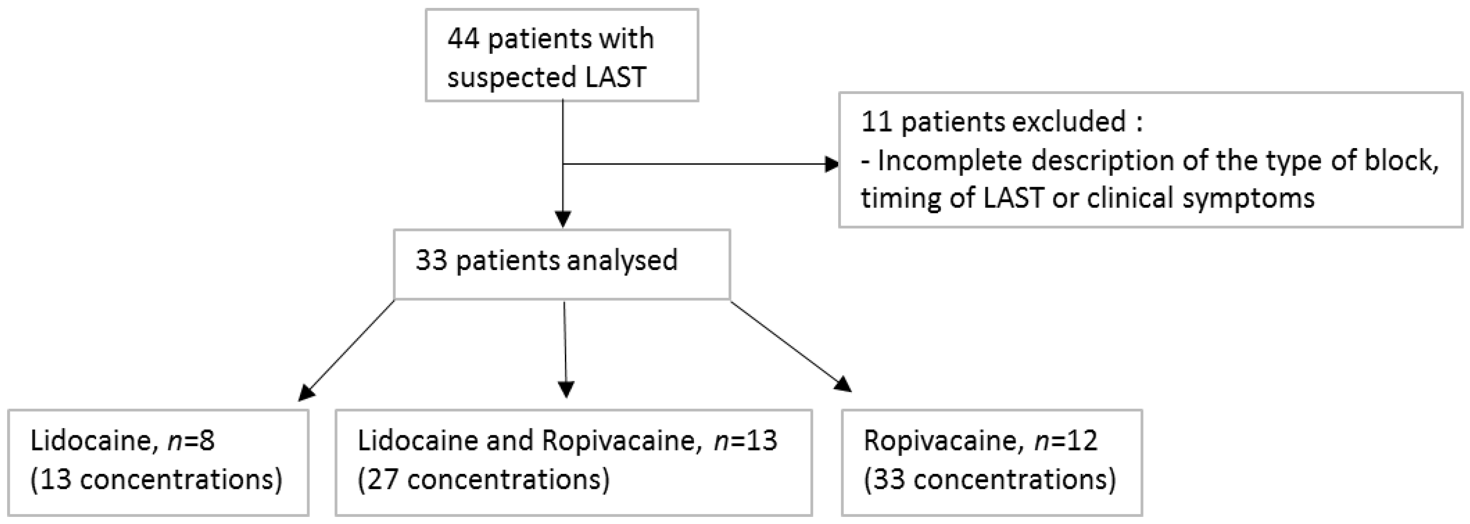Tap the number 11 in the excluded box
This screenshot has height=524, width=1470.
point(876,122)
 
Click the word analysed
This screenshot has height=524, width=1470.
point(622,261)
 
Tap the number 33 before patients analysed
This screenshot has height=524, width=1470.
point(432,261)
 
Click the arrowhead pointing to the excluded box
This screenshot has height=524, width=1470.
point(832,165)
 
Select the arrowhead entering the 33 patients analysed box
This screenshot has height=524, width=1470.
point(563,220)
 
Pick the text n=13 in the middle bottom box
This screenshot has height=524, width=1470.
point(745,441)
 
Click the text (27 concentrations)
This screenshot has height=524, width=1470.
point(483,479)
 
